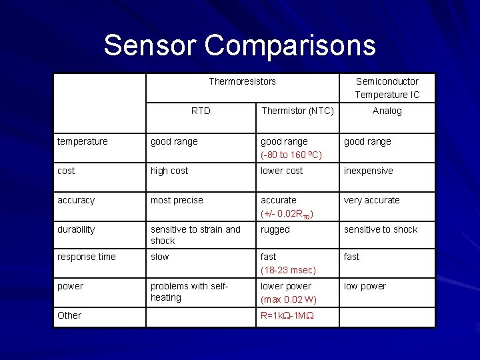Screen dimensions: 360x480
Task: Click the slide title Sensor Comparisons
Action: pos(239,45)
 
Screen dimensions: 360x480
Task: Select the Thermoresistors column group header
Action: pos(242,81)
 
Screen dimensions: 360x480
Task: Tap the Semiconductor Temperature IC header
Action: pos(387,88)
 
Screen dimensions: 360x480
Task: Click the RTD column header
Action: pos(201,111)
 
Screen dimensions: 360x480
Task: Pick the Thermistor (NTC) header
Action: pos(297,111)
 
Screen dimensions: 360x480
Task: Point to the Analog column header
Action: pos(387,111)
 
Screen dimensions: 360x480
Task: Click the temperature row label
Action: pos(82,141)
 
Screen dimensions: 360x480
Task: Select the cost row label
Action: pos(66,171)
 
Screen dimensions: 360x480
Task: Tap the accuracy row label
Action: pos(76,200)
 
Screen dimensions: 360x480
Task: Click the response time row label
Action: pos(87,257)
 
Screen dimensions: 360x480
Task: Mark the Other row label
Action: pos(69,315)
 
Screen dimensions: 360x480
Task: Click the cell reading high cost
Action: pos(169,171)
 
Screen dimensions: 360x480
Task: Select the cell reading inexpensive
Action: pos(368,171)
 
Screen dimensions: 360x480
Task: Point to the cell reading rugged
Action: pos(275,229)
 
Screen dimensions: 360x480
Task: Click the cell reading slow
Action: pos(160,257)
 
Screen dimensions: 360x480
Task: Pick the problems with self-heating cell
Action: pos(189,291)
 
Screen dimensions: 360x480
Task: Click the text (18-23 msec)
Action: pos(288,270)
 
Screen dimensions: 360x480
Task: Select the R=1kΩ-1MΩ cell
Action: pos(288,315)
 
